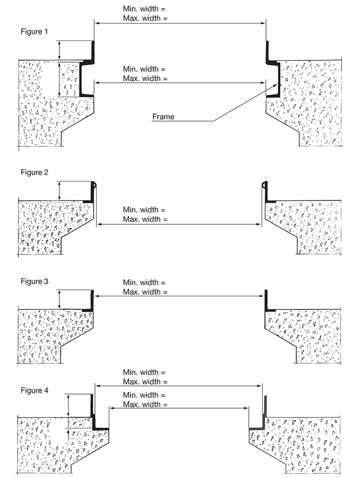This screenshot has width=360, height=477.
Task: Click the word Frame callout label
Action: click(163, 117)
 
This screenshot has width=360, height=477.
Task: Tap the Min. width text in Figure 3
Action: click(144, 282)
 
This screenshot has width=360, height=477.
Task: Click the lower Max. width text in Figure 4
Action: click(145, 404)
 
